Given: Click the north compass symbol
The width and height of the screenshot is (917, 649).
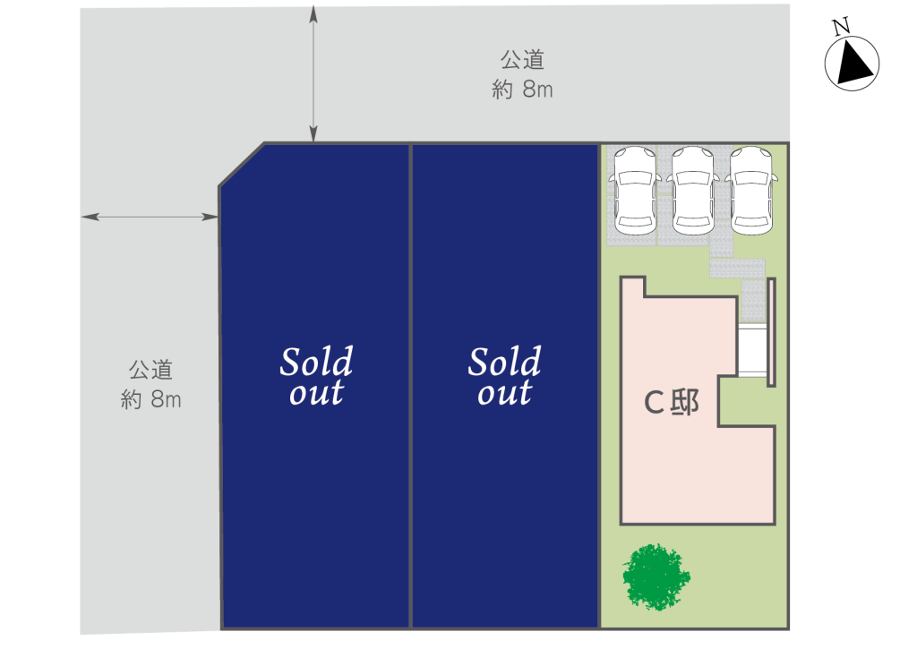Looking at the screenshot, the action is click(x=852, y=64).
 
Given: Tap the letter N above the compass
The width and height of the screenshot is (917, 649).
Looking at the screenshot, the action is click(x=841, y=26).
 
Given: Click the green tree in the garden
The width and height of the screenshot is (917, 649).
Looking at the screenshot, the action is click(x=656, y=576).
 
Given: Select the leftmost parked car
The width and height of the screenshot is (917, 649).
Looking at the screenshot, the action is click(x=635, y=191).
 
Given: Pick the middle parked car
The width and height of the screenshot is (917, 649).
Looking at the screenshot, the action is click(x=692, y=191).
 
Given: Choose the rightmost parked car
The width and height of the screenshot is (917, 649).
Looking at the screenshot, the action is click(x=751, y=191).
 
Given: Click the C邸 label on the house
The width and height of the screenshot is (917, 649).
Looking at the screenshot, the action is click(x=671, y=402).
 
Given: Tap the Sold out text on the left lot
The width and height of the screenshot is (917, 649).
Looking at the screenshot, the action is click(x=316, y=376).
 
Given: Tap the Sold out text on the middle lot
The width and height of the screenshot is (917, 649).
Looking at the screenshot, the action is click(x=504, y=376).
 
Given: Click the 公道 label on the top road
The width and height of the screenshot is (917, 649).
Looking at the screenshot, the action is click(x=522, y=60).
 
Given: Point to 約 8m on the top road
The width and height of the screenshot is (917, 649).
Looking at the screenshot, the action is click(x=522, y=90).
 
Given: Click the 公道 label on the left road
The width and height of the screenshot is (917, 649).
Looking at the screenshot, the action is click(x=150, y=370).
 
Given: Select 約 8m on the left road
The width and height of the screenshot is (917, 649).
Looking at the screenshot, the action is click(x=150, y=400).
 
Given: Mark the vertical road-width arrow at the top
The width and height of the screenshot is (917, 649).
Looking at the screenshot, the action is click(x=313, y=73).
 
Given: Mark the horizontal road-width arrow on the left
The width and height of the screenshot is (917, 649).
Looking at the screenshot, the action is click(x=150, y=217).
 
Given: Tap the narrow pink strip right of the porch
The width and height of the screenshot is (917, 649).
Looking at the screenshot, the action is click(x=771, y=332).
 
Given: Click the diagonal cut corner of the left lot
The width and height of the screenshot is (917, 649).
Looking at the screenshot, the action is click(x=242, y=165).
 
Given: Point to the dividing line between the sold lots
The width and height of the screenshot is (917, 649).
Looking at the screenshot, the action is click(x=410, y=386).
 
